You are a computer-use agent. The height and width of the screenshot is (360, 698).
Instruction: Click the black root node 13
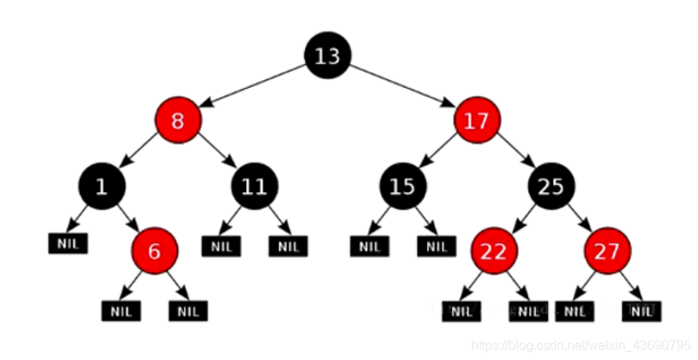click(327, 56)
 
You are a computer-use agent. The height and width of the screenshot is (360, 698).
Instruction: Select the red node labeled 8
click(178, 122)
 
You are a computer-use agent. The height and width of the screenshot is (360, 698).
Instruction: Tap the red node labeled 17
click(477, 122)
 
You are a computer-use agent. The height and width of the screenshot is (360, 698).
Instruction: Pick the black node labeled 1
click(101, 187)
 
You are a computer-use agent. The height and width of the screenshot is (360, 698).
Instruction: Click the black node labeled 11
click(254, 187)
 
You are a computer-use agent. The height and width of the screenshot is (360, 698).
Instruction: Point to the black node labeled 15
click(402, 187)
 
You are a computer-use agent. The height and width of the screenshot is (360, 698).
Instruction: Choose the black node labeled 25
click(551, 187)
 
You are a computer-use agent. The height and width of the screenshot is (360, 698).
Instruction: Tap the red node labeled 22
click(493, 251)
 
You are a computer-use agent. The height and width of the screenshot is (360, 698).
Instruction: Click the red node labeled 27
click(608, 251)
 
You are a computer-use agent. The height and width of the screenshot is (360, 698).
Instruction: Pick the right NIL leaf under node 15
click(436, 246)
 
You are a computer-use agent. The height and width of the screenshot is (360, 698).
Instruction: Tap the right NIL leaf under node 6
click(188, 310)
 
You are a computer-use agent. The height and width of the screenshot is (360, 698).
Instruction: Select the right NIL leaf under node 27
click(642, 311)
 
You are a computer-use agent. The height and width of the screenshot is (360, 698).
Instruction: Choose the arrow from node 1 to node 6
click(127, 219)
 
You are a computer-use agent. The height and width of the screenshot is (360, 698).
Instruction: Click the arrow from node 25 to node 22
click(522, 219)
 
